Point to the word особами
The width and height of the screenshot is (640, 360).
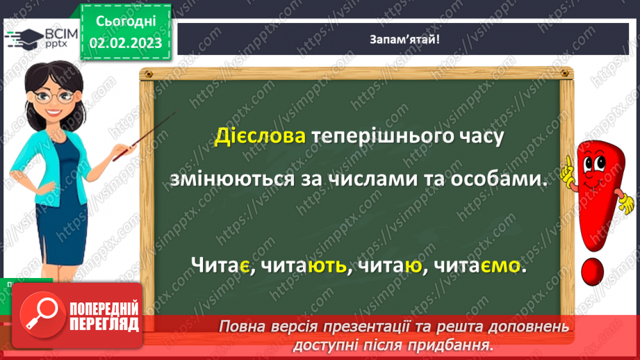tap(502, 179)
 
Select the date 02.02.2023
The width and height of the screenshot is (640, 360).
tap(126, 43)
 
